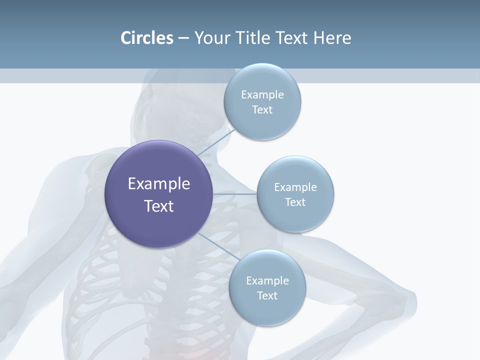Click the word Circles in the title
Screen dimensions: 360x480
pos(146,38)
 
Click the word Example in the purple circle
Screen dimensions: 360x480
pos(158,184)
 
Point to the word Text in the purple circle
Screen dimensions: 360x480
pos(158,206)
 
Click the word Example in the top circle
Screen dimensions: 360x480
pos(262,95)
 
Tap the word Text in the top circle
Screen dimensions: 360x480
pos(262,110)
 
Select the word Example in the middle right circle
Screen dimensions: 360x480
pos(295,187)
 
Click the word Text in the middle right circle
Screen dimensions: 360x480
pos(295,202)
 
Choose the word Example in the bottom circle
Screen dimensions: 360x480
pos(267,281)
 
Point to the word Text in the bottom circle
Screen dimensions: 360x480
pos(267,296)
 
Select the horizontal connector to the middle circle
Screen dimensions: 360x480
pos(234,194)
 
